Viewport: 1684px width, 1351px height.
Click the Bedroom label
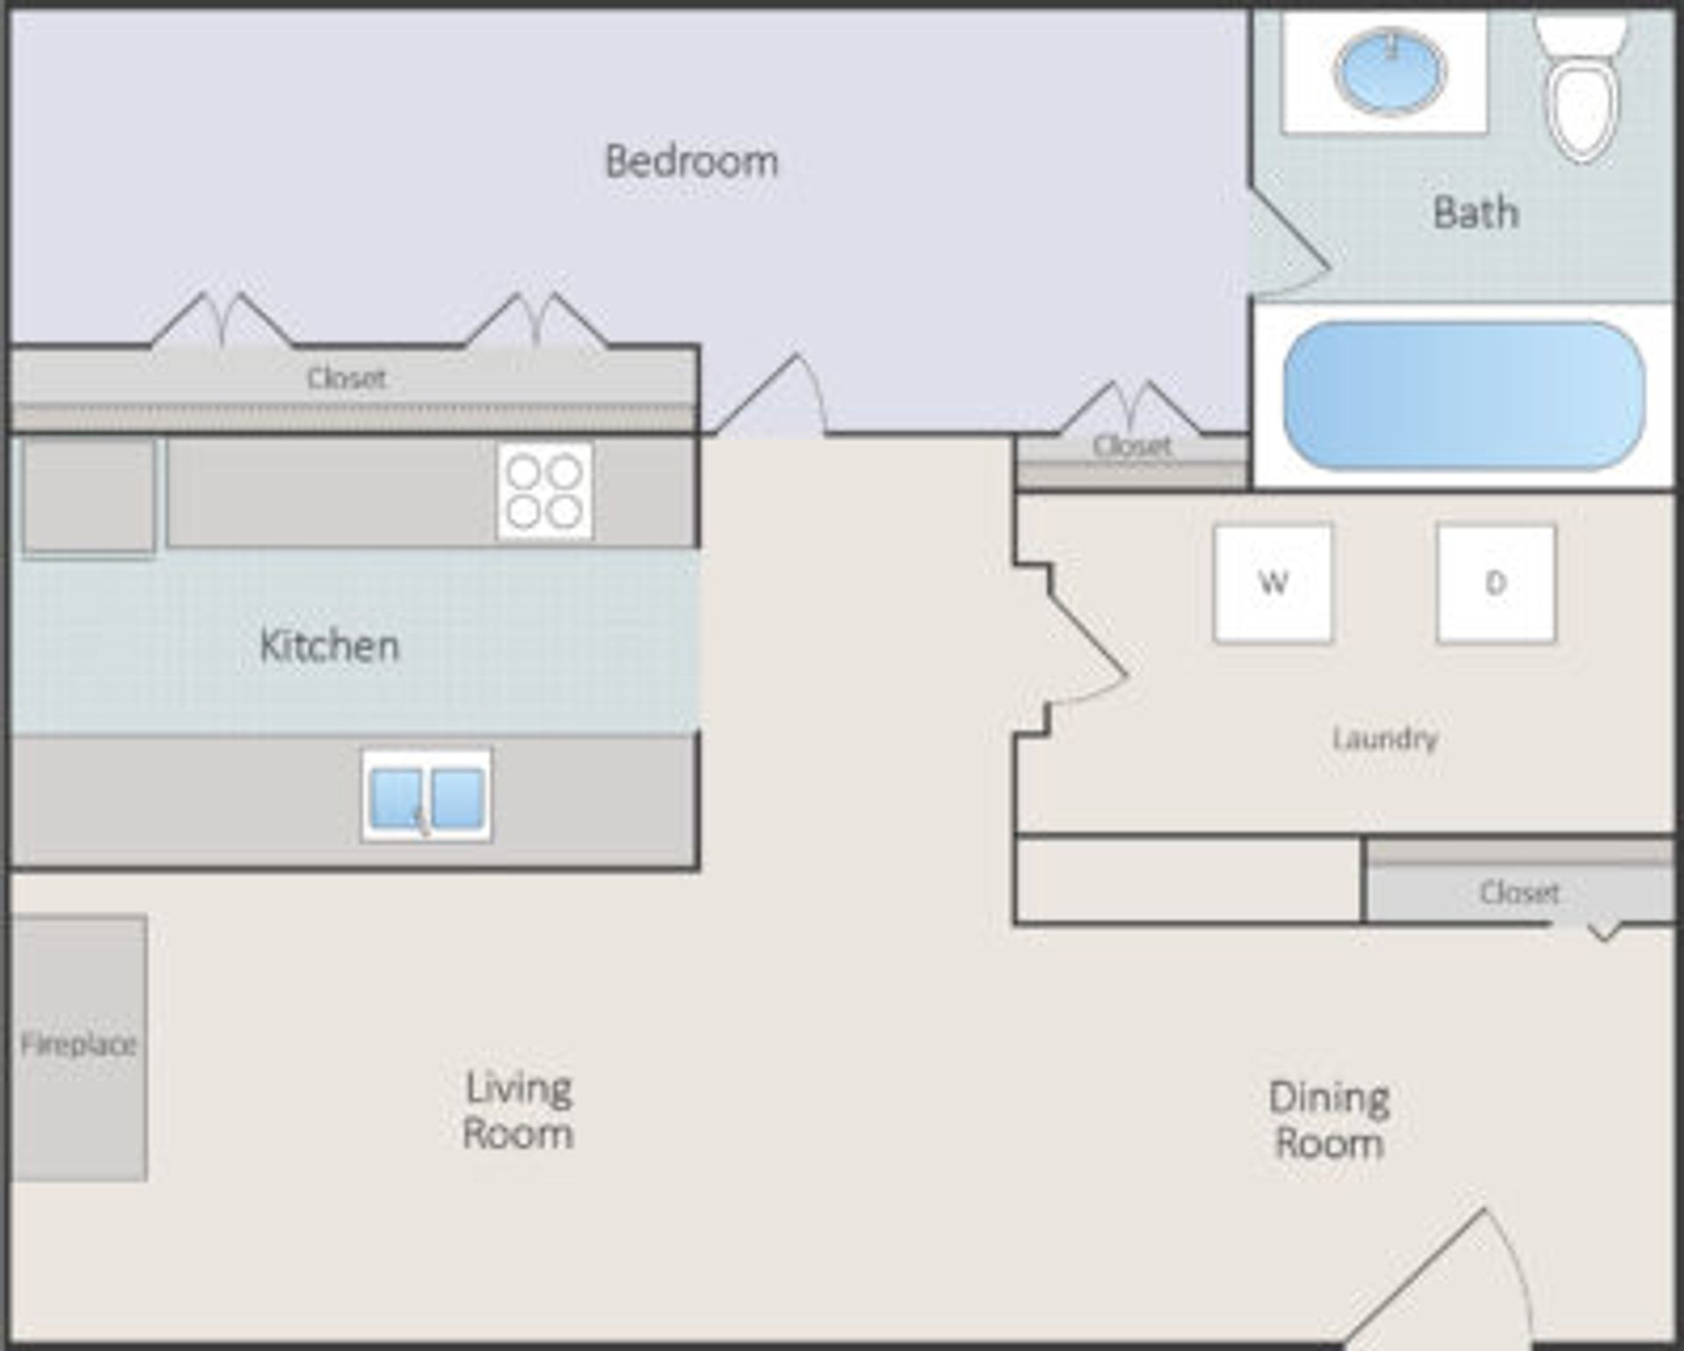click(x=691, y=161)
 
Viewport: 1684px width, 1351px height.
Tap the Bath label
click(x=1475, y=212)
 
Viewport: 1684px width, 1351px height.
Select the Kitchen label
click(x=329, y=646)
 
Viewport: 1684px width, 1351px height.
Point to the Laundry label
click(x=1385, y=738)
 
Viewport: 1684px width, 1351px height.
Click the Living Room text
click(x=517, y=1110)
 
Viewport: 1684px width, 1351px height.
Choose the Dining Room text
click(x=1329, y=1120)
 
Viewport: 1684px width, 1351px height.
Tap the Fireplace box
click(x=78, y=1047)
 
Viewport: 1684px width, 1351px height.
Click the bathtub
click(x=1463, y=395)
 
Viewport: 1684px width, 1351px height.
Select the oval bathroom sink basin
click(x=1389, y=70)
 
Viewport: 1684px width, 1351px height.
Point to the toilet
click(x=1581, y=92)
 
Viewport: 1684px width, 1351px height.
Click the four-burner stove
click(x=545, y=491)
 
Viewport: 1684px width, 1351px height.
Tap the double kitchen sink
click(x=426, y=796)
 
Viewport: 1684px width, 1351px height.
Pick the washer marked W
click(x=1273, y=583)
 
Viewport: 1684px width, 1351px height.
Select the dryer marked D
click(x=1495, y=583)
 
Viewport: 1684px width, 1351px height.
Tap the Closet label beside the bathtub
click(x=1131, y=446)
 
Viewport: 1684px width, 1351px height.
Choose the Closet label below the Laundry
click(x=1519, y=892)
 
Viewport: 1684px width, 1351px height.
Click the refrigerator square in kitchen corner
click(x=89, y=496)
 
